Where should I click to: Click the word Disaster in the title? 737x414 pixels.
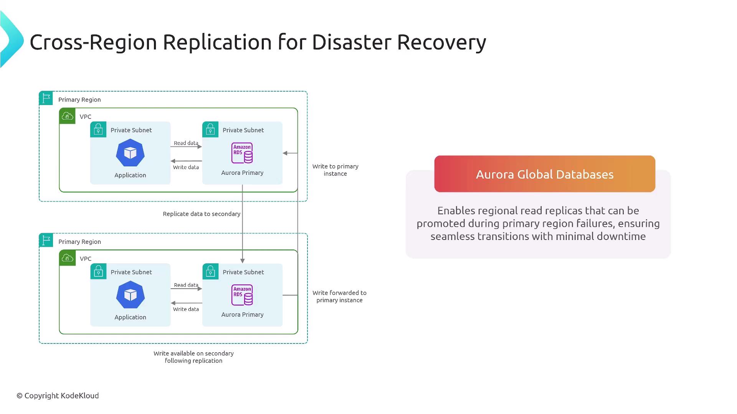coord(351,42)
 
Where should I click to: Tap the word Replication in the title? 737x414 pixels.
coord(217,42)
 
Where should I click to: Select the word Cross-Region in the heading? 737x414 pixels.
coord(93,42)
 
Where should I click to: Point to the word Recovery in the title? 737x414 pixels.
coord(441,42)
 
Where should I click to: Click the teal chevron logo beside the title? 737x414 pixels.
coord(12,40)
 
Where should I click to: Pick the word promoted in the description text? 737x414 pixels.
coord(441,223)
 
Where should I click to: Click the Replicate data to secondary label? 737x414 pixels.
coord(201,214)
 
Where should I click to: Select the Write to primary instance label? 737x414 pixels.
coord(335,170)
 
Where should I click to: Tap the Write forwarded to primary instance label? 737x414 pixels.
coord(339,296)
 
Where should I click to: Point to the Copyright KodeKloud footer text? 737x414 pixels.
coord(58,396)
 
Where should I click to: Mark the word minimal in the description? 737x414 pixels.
coord(573,237)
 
